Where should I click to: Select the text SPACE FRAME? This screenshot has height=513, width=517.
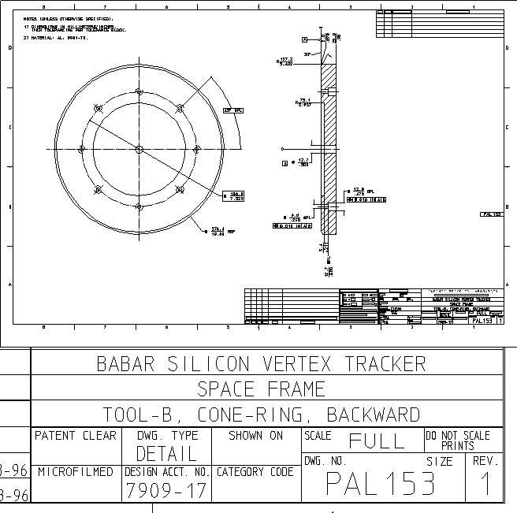pyautogui.click(x=261, y=389)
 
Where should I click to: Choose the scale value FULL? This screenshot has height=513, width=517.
pyautogui.click(x=377, y=441)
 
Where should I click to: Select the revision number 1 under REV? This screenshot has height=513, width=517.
pyautogui.click(x=485, y=483)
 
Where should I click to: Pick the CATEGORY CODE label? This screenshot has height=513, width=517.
pyautogui.click(x=255, y=472)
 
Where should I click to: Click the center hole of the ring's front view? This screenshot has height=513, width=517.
pyautogui.click(x=138, y=149)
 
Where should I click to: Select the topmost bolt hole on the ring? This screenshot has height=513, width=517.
pyautogui.click(x=138, y=91)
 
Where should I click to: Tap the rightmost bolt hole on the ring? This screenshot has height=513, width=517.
pyautogui.click(x=195, y=149)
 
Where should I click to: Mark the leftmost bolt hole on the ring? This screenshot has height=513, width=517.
pyautogui.click(x=80, y=149)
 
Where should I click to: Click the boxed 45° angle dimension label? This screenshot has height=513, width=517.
pyautogui.click(x=233, y=110)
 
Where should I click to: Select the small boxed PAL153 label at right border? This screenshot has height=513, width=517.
pyautogui.click(x=492, y=214)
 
